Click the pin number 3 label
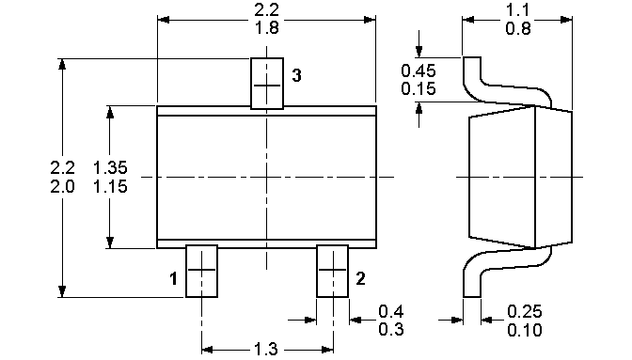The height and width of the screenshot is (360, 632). pyautogui.click(x=296, y=75)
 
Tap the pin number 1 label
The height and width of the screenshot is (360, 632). pyautogui.click(x=173, y=278)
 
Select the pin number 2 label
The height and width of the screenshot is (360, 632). pyautogui.click(x=360, y=278)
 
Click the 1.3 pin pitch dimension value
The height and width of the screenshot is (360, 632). pyautogui.click(x=266, y=349)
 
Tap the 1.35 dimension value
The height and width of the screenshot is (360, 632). pyautogui.click(x=110, y=167)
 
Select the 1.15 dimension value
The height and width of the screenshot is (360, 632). pyautogui.click(x=110, y=186)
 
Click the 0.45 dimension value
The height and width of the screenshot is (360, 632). pyautogui.click(x=419, y=70)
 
